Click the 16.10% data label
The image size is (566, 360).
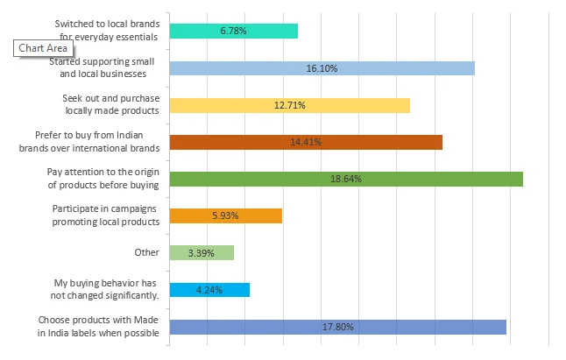pos(322,68)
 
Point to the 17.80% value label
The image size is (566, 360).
pos(337,327)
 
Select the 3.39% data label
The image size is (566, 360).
pos(202,253)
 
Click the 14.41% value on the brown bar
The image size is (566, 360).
pos(306,143)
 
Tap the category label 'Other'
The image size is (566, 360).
pos(145,252)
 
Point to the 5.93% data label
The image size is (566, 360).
pos(225,215)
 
